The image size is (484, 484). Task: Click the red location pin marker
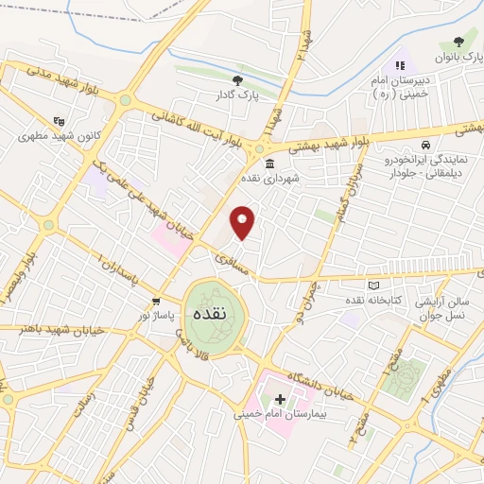(244, 221)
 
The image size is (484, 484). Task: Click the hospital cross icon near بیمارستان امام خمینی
(280, 399)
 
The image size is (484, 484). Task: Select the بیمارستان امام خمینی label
(280, 414)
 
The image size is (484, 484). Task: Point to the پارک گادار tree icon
(237, 80)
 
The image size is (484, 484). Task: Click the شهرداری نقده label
(268, 177)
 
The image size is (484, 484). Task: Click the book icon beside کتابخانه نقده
(373, 285)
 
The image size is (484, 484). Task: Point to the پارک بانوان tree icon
(459, 41)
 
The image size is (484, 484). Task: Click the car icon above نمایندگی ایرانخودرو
(426, 147)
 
